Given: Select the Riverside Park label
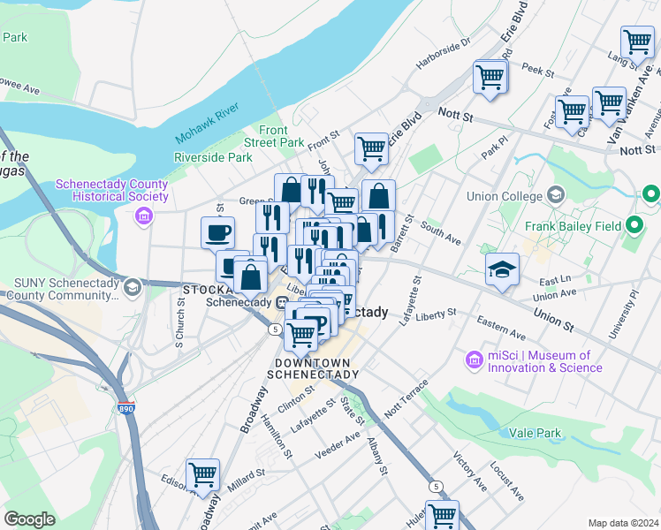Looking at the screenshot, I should point(213,157).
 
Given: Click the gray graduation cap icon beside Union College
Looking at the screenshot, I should point(556,193).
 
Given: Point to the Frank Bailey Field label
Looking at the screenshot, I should point(580,226).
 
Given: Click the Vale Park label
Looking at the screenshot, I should point(536,433).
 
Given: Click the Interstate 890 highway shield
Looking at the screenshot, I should point(127,410).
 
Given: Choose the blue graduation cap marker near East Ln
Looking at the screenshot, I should point(502,270).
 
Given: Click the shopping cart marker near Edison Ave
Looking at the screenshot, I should point(203,474).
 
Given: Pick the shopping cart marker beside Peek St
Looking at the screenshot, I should point(490,76).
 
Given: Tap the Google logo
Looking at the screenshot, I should point(29,519).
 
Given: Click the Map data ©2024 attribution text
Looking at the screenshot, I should point(624,523).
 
